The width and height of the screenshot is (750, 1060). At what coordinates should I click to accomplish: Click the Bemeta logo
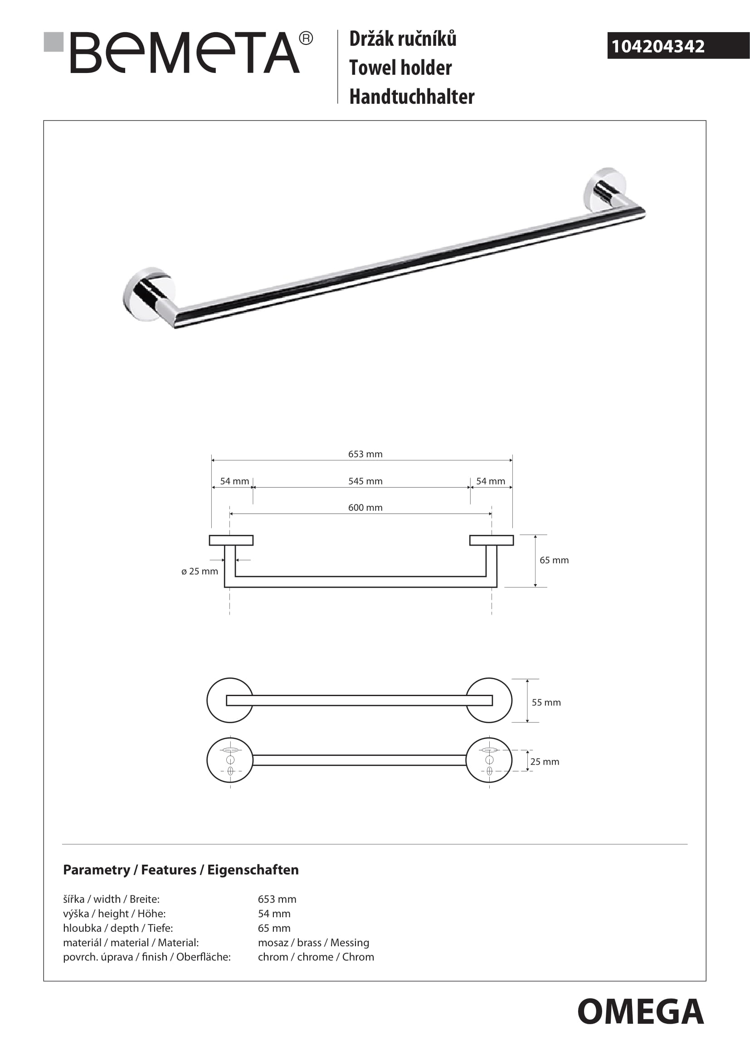coord(185,52)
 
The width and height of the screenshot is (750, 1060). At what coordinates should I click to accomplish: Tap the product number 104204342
coord(657,46)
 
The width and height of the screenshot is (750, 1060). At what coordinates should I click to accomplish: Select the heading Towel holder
coord(400,68)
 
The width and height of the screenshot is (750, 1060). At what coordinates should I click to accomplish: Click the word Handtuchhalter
coord(411,97)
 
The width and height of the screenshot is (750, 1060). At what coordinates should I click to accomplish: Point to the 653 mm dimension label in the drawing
coord(365,454)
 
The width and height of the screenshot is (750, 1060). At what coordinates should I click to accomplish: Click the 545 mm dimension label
coord(365,481)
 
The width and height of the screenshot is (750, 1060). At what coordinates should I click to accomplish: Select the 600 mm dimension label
coord(365,508)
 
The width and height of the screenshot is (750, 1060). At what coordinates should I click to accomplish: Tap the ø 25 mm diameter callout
coord(200,571)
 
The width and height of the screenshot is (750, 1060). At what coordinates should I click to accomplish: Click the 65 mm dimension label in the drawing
coord(554,560)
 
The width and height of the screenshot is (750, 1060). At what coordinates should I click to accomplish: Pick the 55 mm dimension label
coord(546,702)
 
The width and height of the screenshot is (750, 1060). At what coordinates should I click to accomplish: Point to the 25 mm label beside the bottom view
coord(545,762)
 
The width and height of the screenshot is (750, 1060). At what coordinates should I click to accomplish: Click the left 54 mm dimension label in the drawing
coord(234,481)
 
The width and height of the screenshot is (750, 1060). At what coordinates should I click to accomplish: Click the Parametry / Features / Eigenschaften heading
coord(180,870)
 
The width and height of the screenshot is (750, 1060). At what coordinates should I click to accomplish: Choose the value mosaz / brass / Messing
coord(313,942)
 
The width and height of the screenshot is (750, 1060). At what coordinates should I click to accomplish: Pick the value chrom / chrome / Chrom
coord(316,957)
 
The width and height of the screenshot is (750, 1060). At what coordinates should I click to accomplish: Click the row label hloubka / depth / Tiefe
coord(118,928)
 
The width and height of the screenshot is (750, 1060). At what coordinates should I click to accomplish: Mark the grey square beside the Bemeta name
coord(54,42)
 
